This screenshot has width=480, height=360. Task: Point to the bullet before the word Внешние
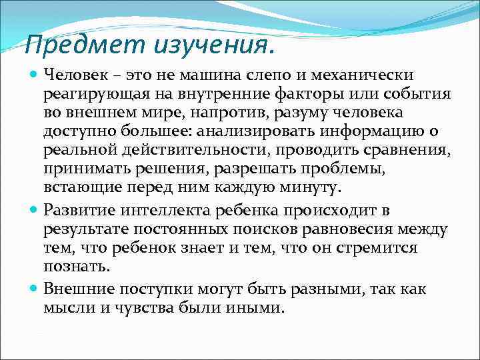(x=34, y=289)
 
